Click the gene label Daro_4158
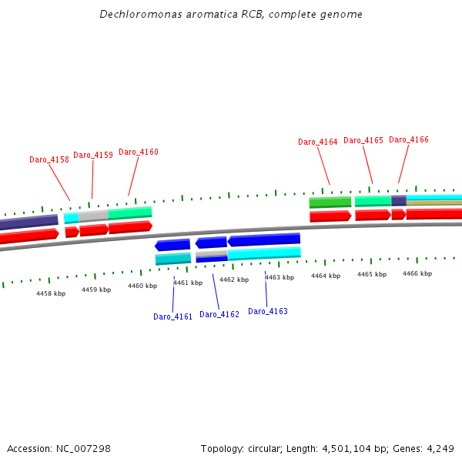(x=49, y=159)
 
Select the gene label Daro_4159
(x=93, y=155)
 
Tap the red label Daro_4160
(x=139, y=152)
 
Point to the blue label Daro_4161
(x=172, y=316)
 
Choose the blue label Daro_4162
(x=219, y=314)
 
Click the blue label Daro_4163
(x=268, y=311)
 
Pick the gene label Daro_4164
(x=318, y=142)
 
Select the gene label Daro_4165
(x=363, y=140)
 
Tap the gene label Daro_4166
(x=409, y=139)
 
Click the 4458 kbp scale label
(x=51, y=293)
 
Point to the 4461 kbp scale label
(x=188, y=283)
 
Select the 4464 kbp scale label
(x=326, y=276)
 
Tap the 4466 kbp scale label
(x=417, y=273)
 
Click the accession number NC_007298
(x=84, y=448)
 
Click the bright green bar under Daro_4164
(x=330, y=203)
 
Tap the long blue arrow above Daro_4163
(x=263, y=239)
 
